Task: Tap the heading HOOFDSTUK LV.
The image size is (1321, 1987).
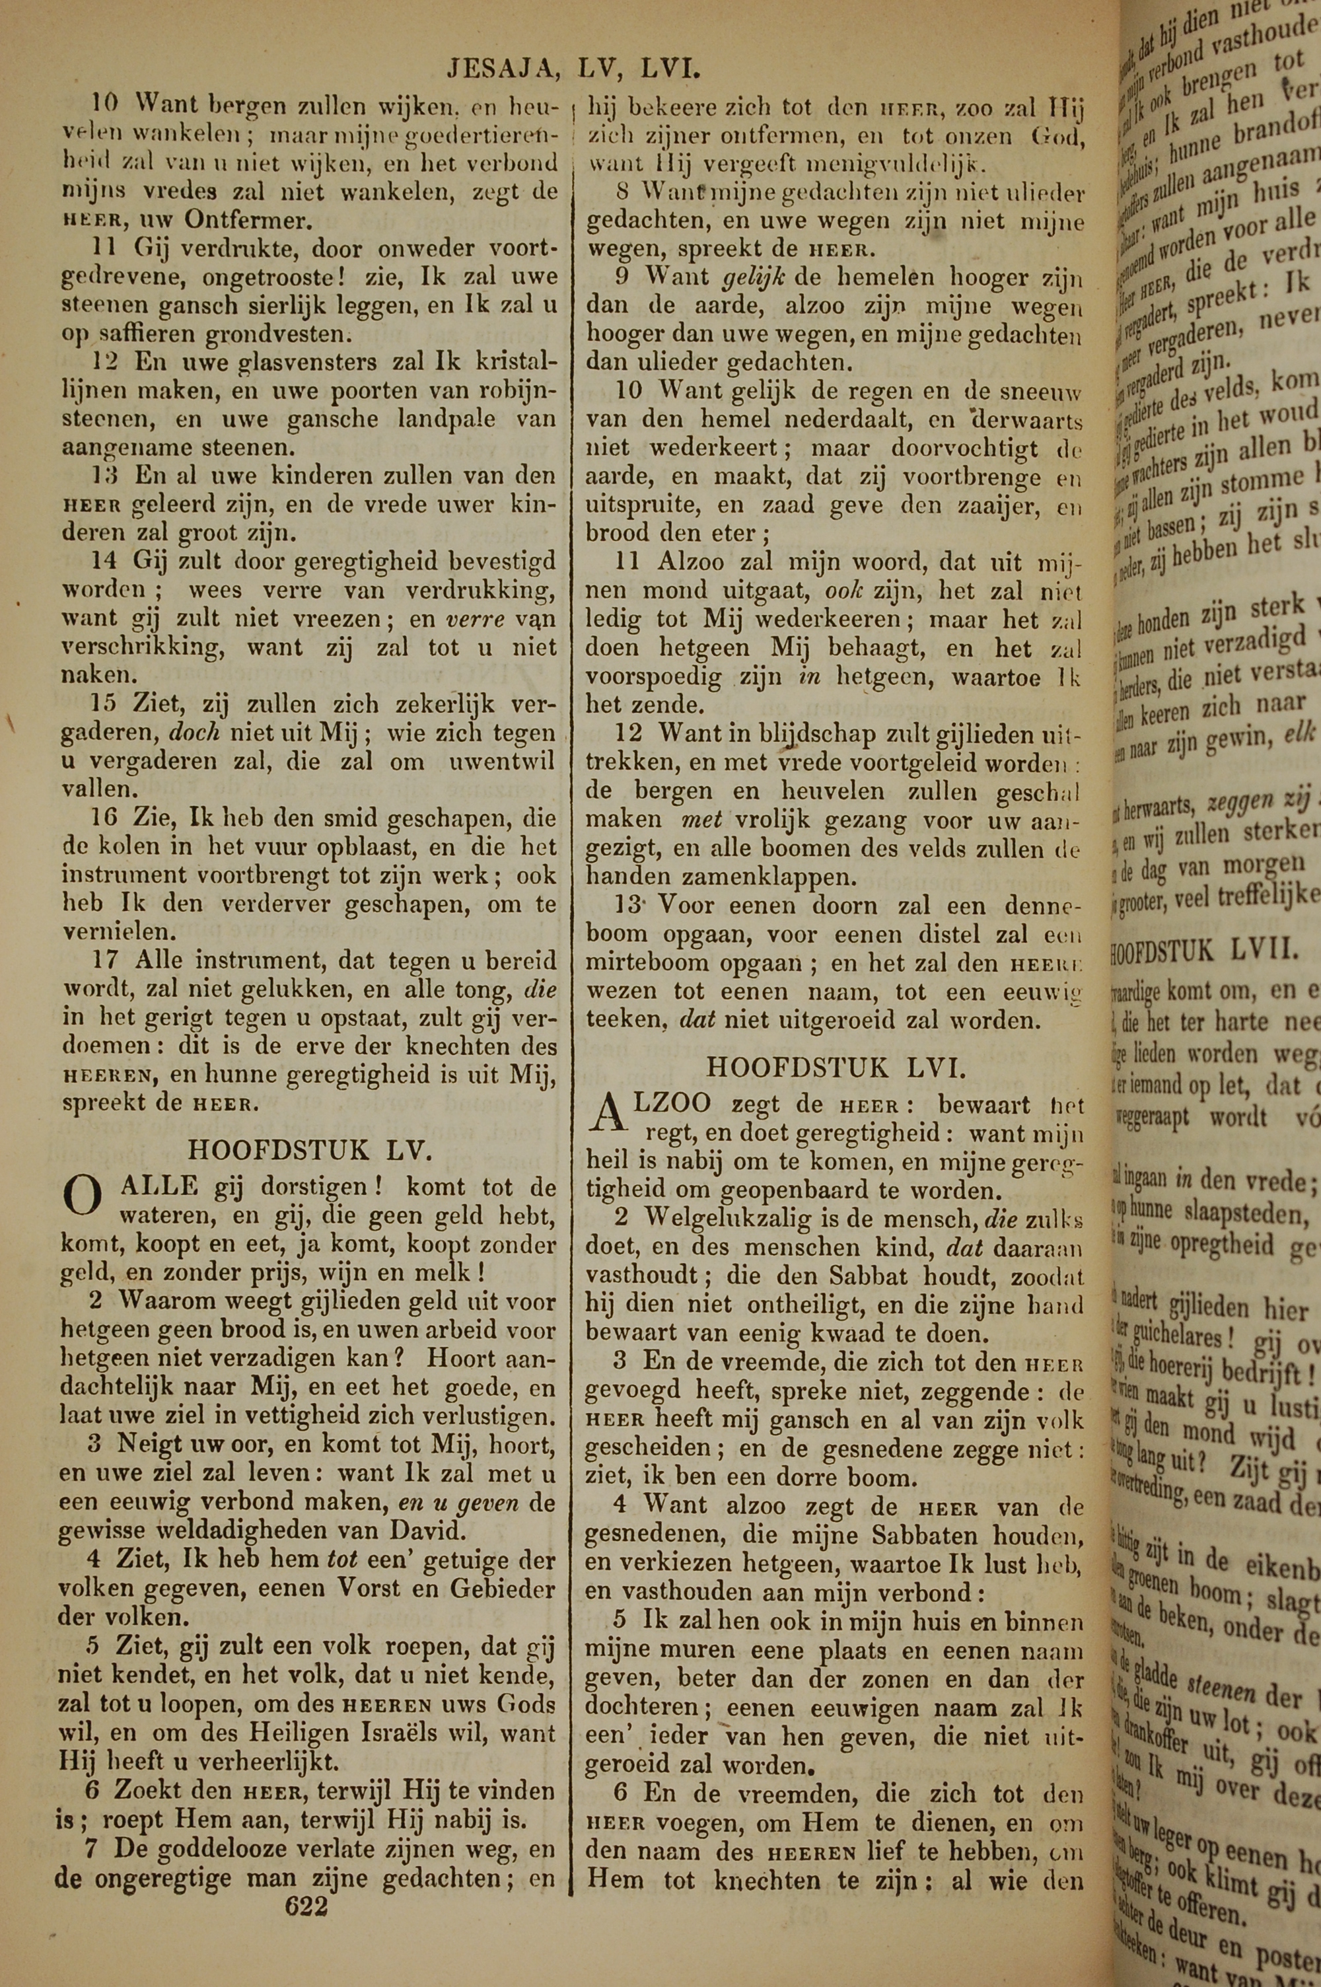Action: (309, 1150)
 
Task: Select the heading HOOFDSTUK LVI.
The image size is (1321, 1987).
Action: (836, 1068)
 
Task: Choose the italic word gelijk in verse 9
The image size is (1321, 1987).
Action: (755, 277)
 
